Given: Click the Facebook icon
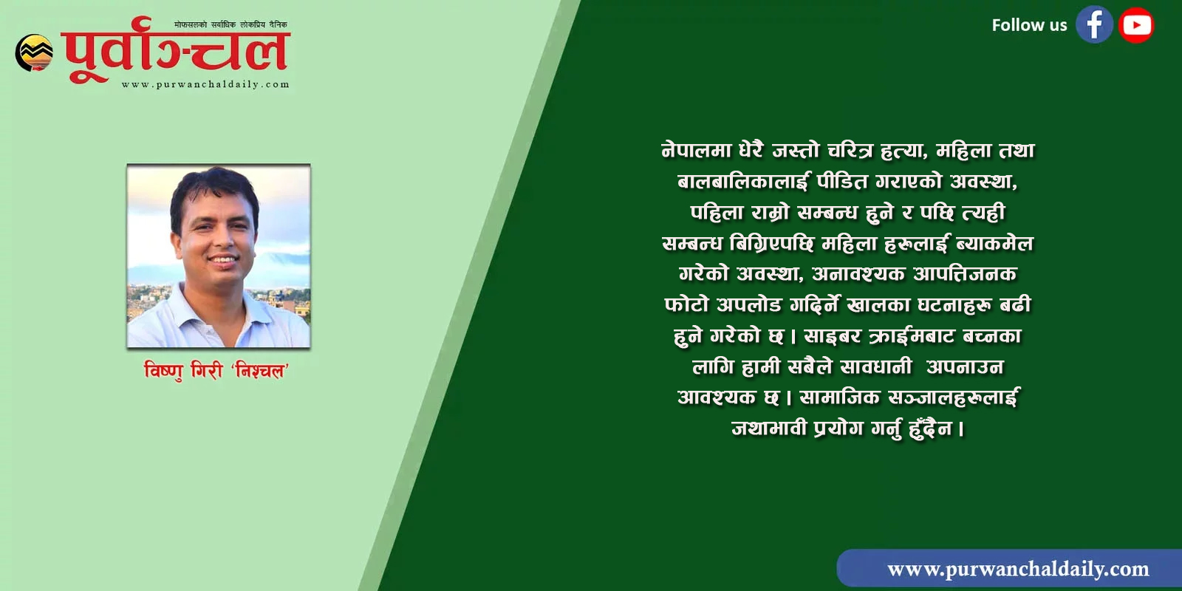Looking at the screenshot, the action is pos(1094,24).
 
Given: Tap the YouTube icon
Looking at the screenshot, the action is pos(1136,25).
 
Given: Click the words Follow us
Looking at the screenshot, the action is pos(1029,25).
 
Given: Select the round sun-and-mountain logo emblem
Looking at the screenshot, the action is pos(34,52).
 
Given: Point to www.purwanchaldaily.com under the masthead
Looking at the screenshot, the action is pos(205,84).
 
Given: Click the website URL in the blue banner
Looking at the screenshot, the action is pos(1018,569).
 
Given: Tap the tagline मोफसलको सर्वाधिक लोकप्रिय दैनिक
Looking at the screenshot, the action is pos(230,24).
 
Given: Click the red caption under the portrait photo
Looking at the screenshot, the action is pos(216,371).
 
